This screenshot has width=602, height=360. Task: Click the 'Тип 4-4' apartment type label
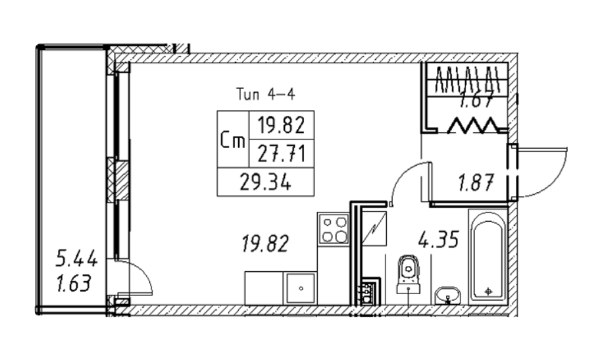265,94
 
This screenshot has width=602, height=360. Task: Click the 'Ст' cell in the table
232,140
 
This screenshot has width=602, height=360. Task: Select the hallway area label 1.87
476,182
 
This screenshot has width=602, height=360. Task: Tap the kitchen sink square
300,288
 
